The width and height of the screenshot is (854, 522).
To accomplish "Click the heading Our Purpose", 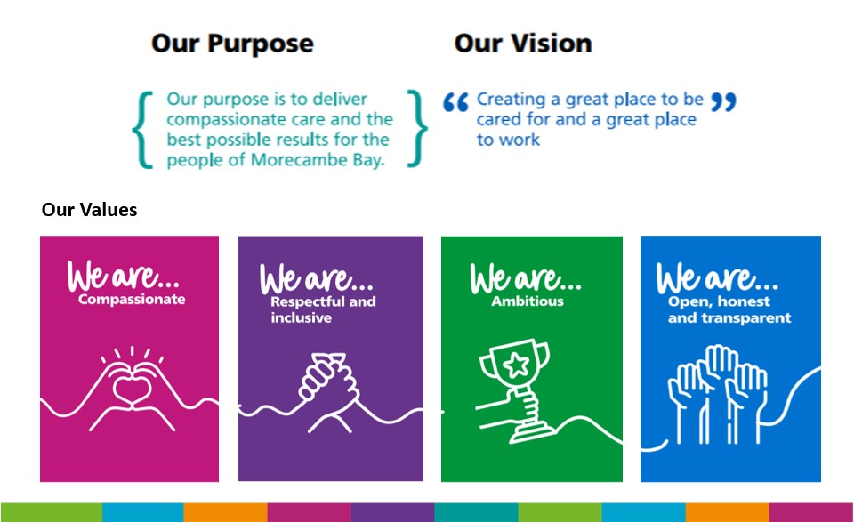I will pos(232,44).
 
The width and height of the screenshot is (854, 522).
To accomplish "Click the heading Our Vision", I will pos(522,44).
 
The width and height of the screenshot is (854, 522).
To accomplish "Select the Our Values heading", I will pos(89,210).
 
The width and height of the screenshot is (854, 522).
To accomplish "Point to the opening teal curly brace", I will pos(141,129).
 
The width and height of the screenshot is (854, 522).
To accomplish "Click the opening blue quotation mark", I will pos(455,104).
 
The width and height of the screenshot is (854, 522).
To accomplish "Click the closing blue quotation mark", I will pos(723,103).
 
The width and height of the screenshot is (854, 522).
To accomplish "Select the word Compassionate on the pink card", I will pos(132,300).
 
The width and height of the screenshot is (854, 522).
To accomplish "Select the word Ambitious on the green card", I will pos(528,301).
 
